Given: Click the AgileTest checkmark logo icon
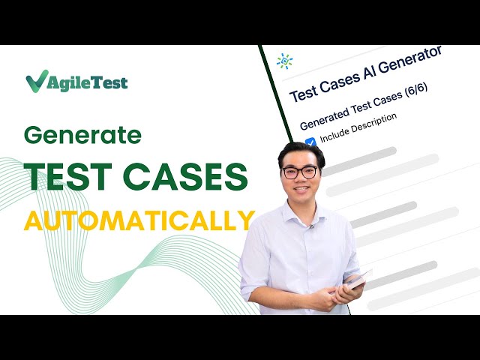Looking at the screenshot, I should (x=37, y=81).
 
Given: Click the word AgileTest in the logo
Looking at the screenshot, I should (x=88, y=82).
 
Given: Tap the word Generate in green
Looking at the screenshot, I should (x=82, y=135).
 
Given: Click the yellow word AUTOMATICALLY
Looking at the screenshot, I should (x=139, y=220).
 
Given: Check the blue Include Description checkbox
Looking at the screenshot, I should (x=310, y=144).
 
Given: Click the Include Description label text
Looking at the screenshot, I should (x=358, y=128).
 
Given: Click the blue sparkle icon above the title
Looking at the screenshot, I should (x=284, y=61).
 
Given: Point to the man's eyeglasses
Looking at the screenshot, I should (x=299, y=172).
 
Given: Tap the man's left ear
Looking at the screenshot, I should (x=325, y=177).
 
